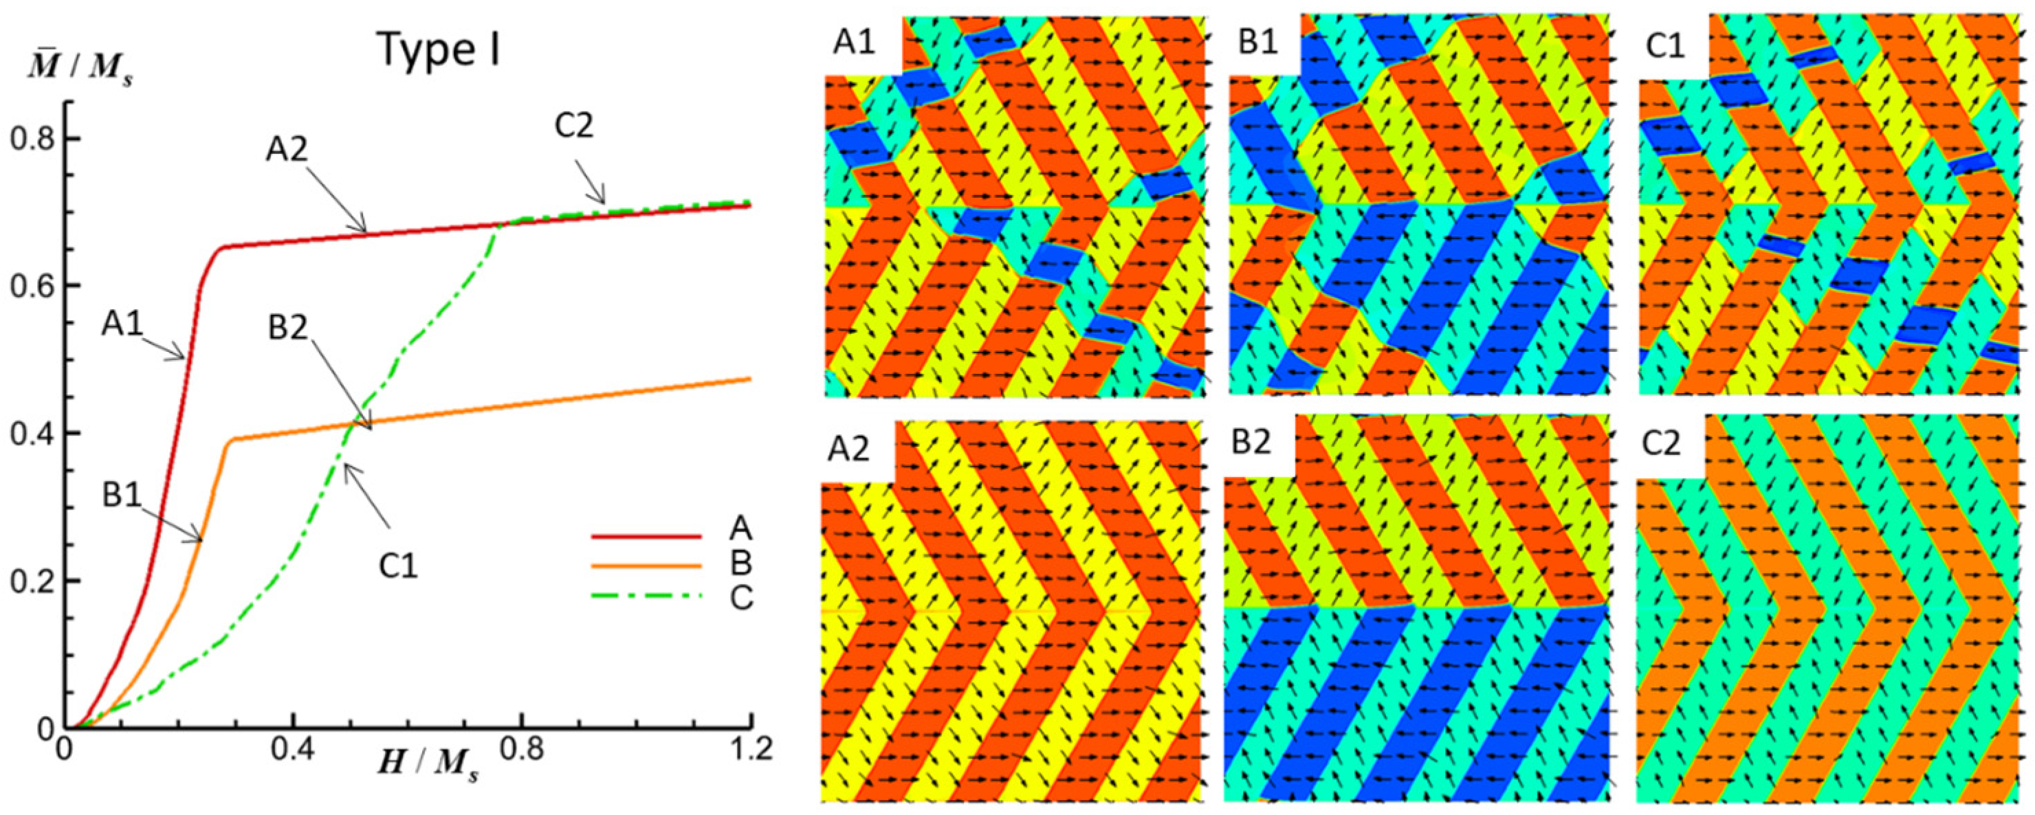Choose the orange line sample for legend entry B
pyautogui.click(x=646, y=566)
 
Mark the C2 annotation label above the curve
pyautogui.click(x=573, y=126)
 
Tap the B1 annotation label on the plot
pyautogui.click(x=122, y=495)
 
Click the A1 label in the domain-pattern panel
pyautogui.click(x=854, y=44)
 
